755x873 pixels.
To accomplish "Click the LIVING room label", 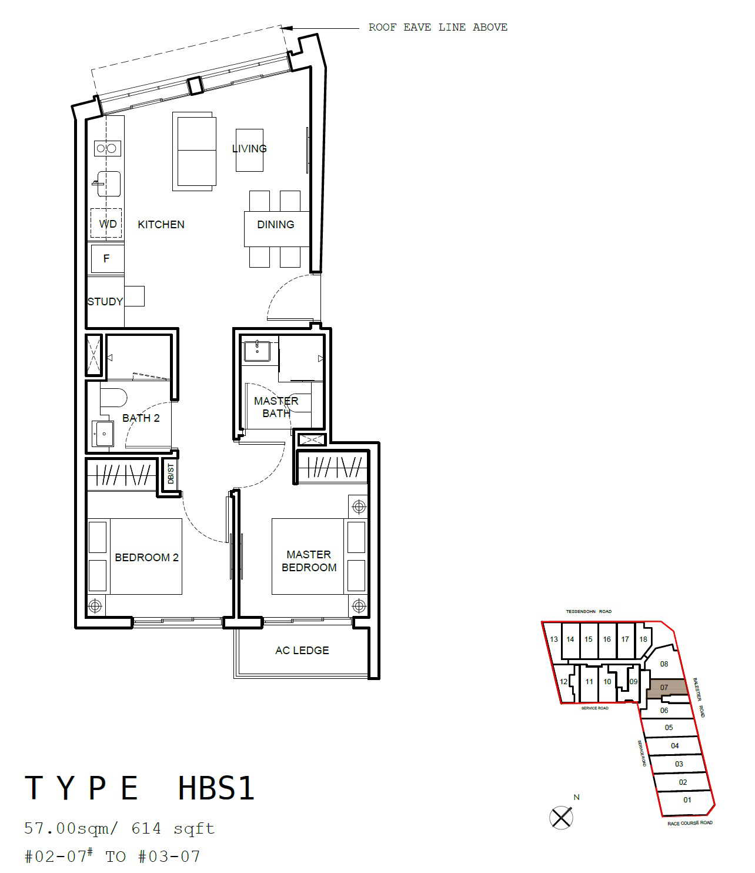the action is [249, 149].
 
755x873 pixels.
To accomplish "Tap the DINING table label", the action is [276, 225].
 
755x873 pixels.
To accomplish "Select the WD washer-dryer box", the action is [106, 223].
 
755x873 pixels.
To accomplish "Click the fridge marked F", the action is [106, 258].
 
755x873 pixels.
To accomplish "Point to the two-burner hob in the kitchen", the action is [107, 148].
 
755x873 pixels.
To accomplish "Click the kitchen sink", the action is [109, 184].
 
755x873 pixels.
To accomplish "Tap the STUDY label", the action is [105, 302].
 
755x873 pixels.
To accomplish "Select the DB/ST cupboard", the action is [170, 474].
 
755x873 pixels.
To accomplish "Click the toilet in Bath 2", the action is [113, 398].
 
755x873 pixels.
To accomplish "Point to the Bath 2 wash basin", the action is [103, 434].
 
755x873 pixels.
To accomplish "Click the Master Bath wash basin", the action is [257, 352].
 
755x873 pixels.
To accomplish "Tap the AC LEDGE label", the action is [302, 651].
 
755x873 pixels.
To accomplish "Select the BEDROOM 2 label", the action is [146, 558].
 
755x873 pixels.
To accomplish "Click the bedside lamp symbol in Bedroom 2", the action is [95, 607].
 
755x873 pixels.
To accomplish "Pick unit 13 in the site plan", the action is [553, 639].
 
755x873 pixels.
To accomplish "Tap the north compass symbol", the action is [561, 818].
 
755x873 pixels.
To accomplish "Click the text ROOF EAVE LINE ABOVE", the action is [438, 28].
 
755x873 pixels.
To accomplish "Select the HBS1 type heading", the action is [216, 788].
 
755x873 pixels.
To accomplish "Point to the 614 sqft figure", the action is [173, 828].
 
